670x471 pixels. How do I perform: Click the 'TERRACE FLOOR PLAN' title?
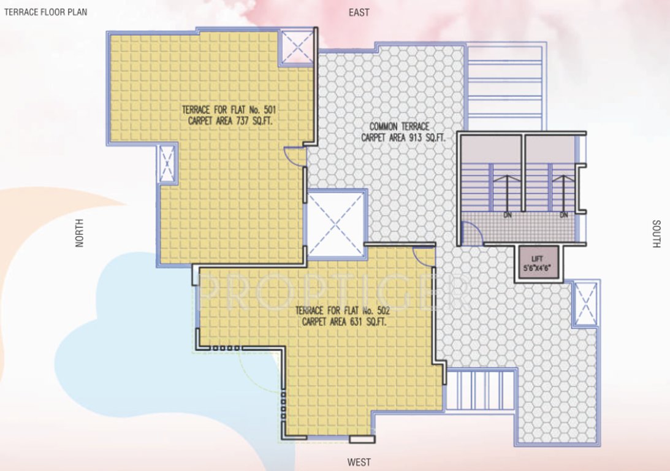click(x=45, y=12)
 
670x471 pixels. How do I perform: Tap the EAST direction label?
click(x=359, y=12)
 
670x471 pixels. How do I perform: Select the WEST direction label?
click(x=359, y=461)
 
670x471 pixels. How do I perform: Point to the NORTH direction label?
click(x=78, y=233)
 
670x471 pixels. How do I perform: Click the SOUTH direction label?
click(x=656, y=234)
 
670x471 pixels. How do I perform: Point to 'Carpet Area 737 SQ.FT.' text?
click(x=230, y=121)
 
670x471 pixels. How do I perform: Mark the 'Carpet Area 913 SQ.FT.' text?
click(x=403, y=138)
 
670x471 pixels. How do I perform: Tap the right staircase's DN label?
click(x=563, y=215)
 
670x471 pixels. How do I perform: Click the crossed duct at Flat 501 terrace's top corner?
click(x=297, y=47)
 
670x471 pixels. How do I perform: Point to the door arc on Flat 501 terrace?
click(x=295, y=156)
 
